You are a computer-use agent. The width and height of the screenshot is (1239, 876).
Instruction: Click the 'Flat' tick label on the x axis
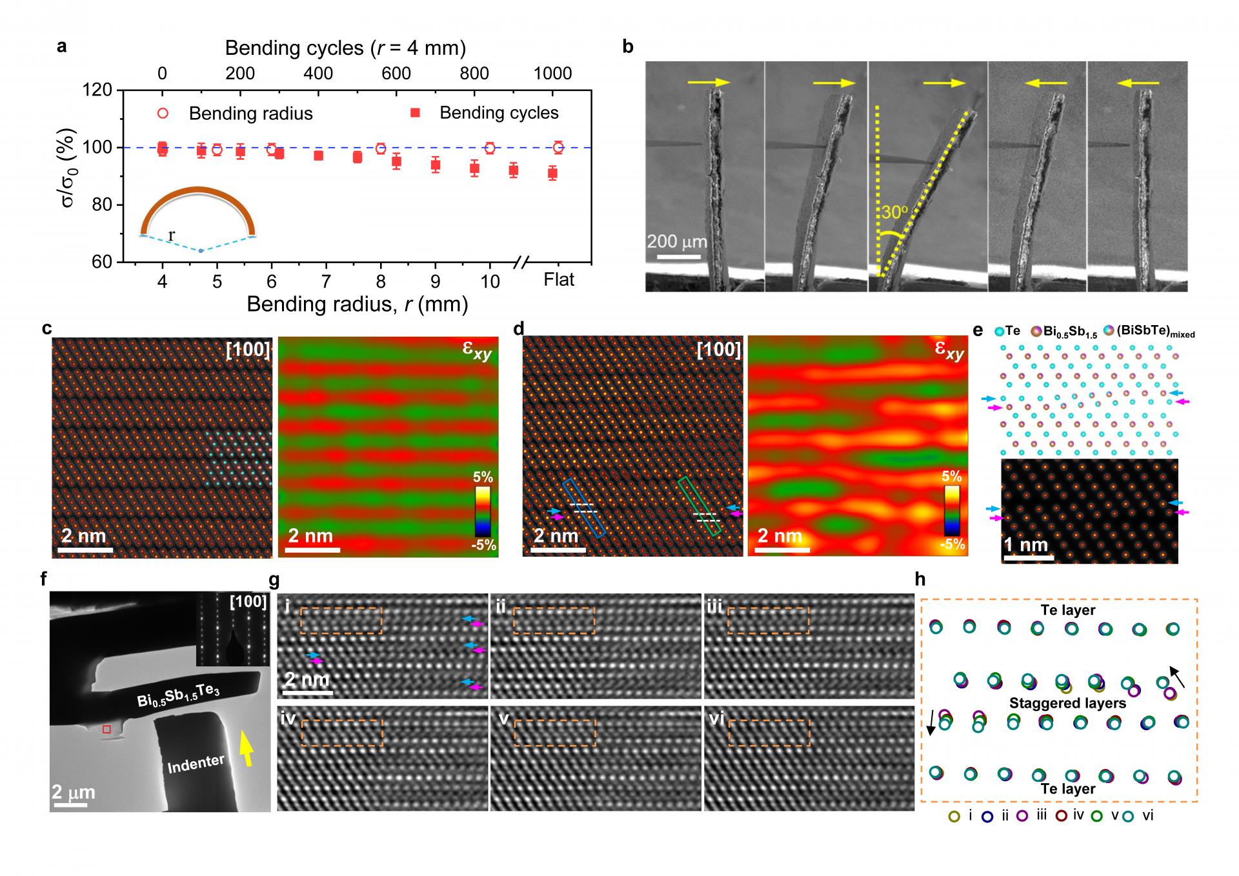[x=558, y=280]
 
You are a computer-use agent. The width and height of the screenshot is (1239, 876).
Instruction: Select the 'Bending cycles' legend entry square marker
[x=416, y=113]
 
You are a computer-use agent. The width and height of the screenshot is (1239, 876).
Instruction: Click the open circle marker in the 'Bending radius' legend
[x=163, y=114]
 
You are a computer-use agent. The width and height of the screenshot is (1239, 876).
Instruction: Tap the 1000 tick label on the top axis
[x=552, y=74]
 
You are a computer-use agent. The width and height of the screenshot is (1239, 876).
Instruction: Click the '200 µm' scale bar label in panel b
[x=677, y=243]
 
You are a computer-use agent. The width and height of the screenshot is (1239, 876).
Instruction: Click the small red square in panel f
[x=106, y=729]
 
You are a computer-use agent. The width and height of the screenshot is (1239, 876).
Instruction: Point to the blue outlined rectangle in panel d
[x=584, y=508]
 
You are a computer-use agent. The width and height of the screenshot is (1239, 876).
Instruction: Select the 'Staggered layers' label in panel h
[x=1067, y=703]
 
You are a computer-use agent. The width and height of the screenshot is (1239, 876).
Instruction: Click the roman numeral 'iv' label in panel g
[x=288, y=718]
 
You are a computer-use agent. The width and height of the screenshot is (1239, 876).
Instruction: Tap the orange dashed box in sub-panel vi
[x=769, y=733]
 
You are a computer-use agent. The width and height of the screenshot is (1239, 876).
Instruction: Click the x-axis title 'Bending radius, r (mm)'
[x=357, y=304]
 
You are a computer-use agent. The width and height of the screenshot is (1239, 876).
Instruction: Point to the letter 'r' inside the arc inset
[x=171, y=236]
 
